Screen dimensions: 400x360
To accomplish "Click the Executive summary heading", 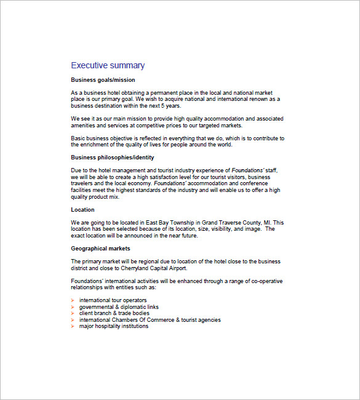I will click(108, 65).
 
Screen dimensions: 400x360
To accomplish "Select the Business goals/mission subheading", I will click(103, 80).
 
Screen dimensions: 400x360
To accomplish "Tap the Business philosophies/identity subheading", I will click(113, 158).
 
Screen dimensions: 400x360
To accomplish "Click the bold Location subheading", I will click(82, 210).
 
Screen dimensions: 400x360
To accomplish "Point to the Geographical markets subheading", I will click(100, 249).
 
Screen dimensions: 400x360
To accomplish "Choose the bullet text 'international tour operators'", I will click(113, 300).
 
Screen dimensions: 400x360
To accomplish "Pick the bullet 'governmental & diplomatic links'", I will click(119, 306).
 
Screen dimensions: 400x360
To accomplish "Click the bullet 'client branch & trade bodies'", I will click(114, 313).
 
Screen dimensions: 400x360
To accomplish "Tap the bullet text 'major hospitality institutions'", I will click(114, 326).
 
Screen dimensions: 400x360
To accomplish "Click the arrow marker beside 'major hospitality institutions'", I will click(73, 326).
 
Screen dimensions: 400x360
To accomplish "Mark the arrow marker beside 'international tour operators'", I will click(73, 300).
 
